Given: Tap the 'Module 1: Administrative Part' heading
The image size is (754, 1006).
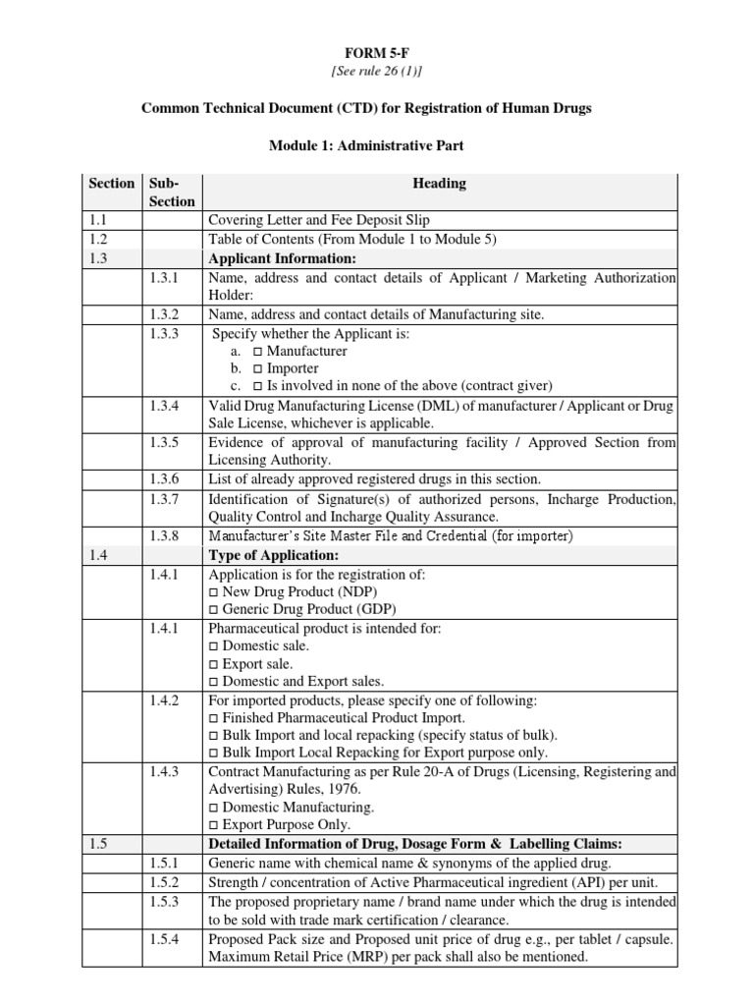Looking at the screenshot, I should click(x=367, y=145).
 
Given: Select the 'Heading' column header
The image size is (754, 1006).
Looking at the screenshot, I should click(x=439, y=183).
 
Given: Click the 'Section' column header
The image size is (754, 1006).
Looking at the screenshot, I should click(x=111, y=183).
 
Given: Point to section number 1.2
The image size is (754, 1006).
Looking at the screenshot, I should click(x=96, y=239).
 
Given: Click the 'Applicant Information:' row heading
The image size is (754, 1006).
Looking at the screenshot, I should click(x=283, y=258).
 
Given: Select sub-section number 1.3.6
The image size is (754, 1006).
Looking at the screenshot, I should click(x=165, y=479).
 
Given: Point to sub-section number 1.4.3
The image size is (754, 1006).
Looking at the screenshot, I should click(x=165, y=772).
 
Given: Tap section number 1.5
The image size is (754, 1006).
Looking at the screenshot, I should click(x=96, y=844).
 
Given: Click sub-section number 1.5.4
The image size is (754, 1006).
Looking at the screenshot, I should click(x=165, y=939).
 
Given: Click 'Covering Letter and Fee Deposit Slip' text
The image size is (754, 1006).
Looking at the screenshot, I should click(x=318, y=220).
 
